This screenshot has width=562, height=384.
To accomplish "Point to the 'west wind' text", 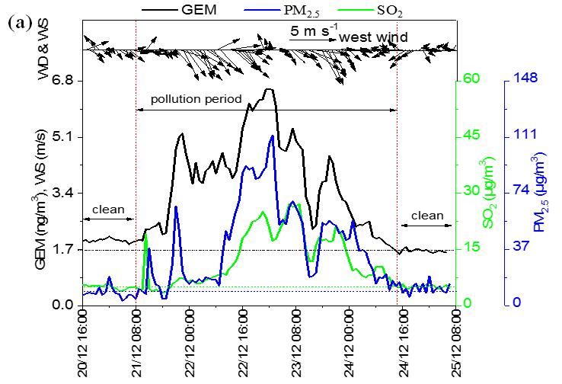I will point(373,37).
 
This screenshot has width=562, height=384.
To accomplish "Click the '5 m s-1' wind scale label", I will point(310,32).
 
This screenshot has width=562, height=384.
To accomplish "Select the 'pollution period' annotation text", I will point(196,99).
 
